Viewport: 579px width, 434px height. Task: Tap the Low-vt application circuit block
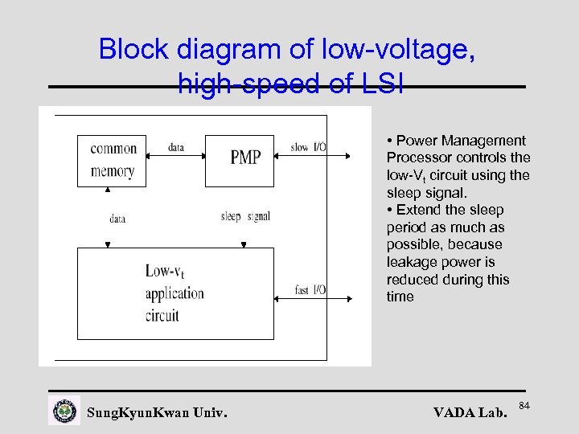(175, 293)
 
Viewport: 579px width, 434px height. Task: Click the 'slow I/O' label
(308, 147)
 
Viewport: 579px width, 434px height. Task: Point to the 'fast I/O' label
(310, 290)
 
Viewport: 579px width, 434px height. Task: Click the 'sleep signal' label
(245, 216)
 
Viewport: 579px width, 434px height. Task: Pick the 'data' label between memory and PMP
(176, 147)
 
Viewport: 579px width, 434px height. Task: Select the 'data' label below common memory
(117, 218)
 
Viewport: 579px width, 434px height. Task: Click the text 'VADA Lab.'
(470, 413)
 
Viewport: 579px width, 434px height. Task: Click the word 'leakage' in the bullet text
(413, 262)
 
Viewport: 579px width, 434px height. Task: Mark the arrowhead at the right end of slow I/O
(348, 155)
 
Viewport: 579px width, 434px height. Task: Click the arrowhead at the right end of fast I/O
(348, 298)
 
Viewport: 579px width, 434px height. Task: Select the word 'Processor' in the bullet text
(417, 158)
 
